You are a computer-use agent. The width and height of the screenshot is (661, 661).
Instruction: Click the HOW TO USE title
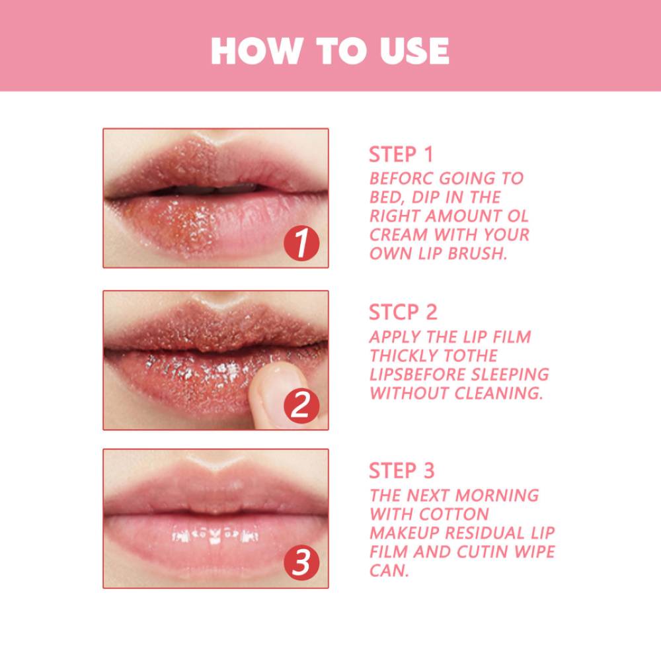coord(330,51)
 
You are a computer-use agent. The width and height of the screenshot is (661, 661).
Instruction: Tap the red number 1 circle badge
coord(301,243)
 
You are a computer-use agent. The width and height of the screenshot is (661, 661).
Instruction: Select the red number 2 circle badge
coord(301,405)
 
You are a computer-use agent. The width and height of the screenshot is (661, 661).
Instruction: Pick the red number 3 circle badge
coord(301,564)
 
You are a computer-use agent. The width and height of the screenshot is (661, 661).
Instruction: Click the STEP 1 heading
coord(401,154)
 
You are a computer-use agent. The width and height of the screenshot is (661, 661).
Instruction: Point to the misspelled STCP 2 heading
coord(403,312)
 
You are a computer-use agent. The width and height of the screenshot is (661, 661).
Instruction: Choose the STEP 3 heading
coord(402,470)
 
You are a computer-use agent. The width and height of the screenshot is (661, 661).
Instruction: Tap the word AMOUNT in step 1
coord(464,216)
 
